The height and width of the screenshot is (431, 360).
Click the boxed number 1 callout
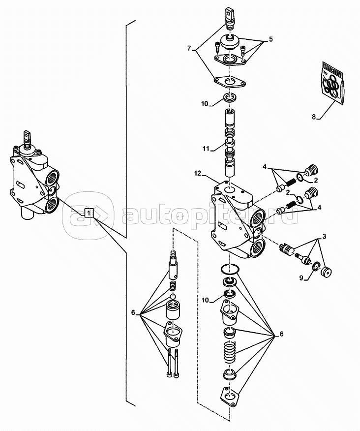[x=89, y=213]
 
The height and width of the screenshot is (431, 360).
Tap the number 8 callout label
[x=314, y=117]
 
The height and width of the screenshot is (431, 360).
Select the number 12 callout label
[x=198, y=173]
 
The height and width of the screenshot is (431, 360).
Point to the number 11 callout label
[x=206, y=149]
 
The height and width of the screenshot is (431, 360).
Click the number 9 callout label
[x=301, y=278]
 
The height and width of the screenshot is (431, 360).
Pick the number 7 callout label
[x=189, y=48]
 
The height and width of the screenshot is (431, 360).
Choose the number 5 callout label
[x=271, y=39]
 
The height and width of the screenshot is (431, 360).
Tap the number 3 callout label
[x=324, y=237]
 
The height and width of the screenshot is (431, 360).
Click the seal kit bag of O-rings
[x=333, y=84]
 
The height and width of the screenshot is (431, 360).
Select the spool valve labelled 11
[x=230, y=143]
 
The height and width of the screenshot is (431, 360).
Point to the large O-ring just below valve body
[x=230, y=269]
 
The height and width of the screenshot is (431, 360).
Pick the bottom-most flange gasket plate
[x=230, y=396]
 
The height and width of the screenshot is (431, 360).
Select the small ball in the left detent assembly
[x=172, y=297]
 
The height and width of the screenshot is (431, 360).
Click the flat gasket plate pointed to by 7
[x=230, y=82]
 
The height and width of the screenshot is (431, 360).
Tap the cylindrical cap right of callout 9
[x=326, y=272]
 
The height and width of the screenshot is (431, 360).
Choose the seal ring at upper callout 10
[x=230, y=97]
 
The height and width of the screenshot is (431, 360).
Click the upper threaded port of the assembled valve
[x=53, y=178]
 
